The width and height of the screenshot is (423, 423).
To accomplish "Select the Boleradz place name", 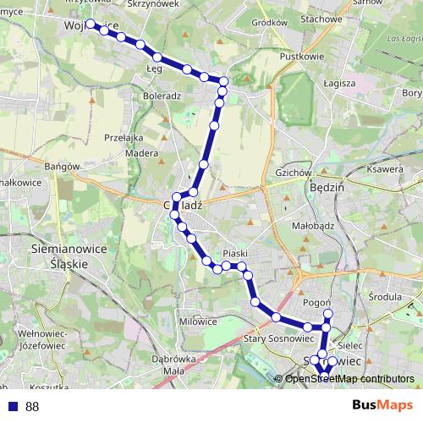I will tap(162, 96).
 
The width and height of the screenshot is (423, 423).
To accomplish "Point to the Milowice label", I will tap(198, 321).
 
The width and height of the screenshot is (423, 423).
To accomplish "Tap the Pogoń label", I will tap(316, 302).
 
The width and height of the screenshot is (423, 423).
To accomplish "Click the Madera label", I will tap(143, 154).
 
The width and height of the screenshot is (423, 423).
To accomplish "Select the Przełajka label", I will tap(124, 137).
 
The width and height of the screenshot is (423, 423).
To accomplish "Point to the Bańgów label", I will tap(62, 167).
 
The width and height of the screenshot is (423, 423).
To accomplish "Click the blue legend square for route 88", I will tap(12, 407).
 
